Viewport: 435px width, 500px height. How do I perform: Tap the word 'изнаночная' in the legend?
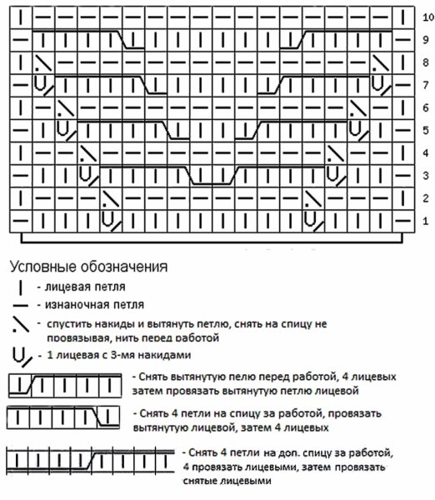(68, 306)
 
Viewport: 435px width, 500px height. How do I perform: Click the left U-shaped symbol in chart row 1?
(107, 219)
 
